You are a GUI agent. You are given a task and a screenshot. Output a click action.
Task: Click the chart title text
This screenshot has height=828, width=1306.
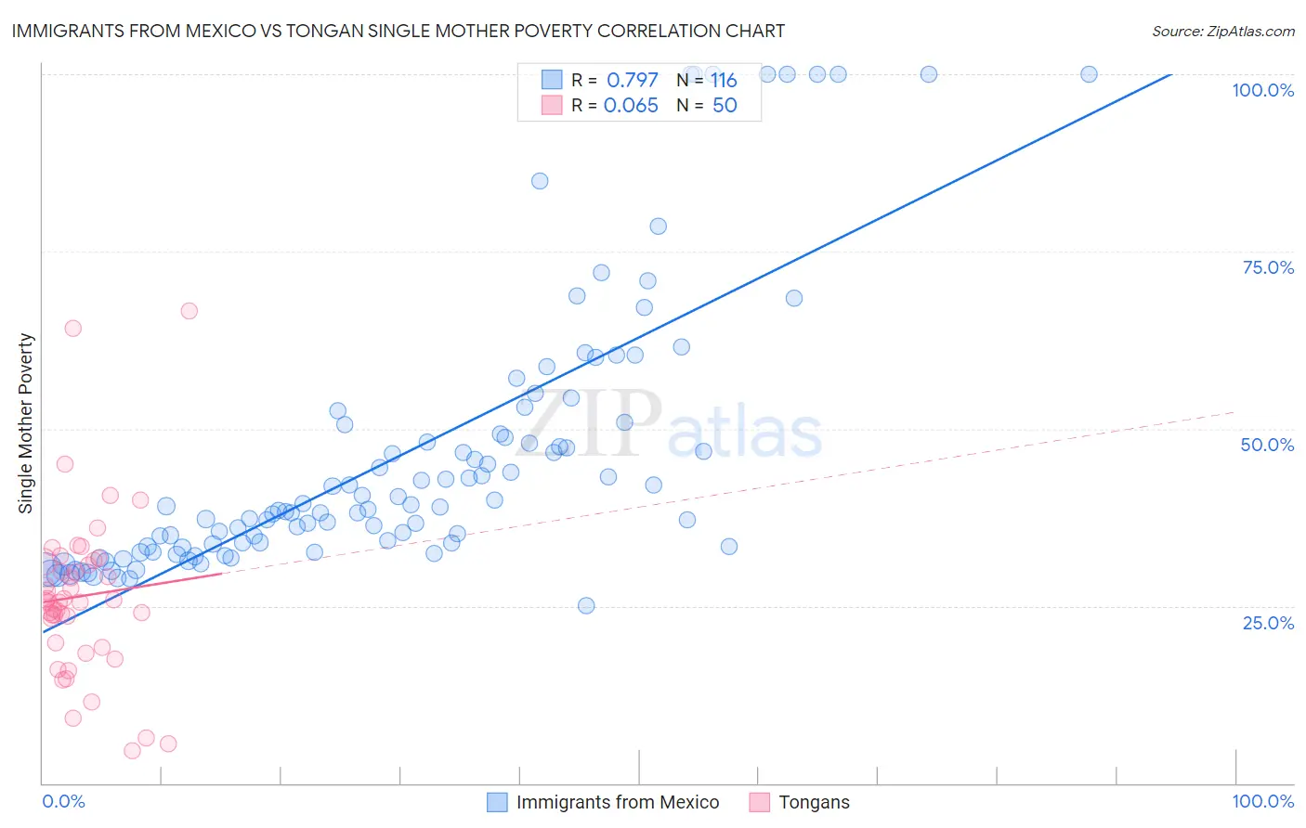coord(398,32)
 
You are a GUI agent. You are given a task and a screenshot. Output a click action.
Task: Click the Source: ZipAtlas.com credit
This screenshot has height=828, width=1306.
coord(1222,32)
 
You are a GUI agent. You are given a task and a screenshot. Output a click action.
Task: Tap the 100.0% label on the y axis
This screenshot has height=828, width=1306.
coord(1262,90)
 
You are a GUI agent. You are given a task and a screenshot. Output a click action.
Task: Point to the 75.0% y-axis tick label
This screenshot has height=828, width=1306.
coord(1268,267)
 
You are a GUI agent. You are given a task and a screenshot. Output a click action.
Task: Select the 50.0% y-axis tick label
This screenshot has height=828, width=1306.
coord(1267,445)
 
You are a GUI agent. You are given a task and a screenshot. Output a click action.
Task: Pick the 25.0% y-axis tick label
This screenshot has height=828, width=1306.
coord(1268,623)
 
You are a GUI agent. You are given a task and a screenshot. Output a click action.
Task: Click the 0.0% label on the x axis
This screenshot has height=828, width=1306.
coord(63,801)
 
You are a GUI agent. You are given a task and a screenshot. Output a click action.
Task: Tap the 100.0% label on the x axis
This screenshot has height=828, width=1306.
coord(1262,801)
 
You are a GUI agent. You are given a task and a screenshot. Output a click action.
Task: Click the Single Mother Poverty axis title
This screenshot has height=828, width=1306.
coord(26,423)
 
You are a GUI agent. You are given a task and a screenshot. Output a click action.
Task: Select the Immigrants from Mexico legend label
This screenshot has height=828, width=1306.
coord(618,802)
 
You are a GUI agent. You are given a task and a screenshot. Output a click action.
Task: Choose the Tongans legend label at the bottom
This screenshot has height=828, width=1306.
coord(814,802)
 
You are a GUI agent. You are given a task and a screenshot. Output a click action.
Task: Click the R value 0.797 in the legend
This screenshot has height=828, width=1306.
coord(632,80)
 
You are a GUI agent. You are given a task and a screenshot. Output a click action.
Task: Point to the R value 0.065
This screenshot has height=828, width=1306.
coord(631,105)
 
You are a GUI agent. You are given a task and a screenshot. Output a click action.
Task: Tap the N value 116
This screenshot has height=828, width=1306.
coord(724,80)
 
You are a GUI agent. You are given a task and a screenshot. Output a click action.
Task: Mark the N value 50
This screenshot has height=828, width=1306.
coord(725,105)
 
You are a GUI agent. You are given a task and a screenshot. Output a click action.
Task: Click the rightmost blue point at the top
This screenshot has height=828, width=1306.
coord(1089,74)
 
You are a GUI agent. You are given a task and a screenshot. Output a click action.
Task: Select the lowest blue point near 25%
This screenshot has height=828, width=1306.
coord(586,605)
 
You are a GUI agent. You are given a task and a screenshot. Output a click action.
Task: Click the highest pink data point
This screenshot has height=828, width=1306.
coord(189,311)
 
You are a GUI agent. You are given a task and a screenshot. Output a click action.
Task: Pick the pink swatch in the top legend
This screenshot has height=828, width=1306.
coord(552,105)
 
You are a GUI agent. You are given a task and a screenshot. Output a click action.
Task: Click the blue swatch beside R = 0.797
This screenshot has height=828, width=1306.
coord(552,80)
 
